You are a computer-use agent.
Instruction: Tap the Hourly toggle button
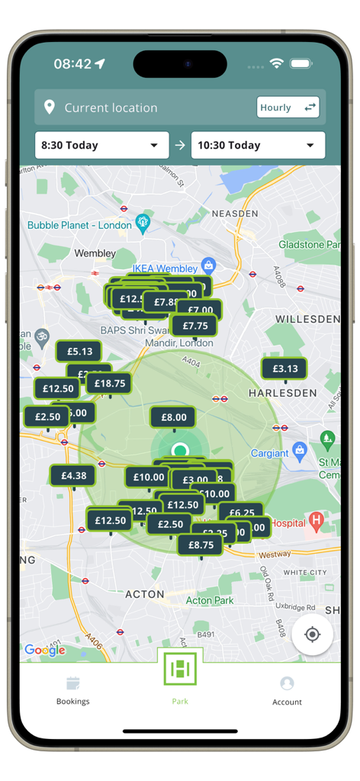click(288, 108)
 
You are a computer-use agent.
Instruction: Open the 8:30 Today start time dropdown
click(101, 146)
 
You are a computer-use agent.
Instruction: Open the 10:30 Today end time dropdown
click(258, 146)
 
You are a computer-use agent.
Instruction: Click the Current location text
click(111, 108)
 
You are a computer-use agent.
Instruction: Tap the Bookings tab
click(72, 689)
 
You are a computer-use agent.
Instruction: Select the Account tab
click(287, 689)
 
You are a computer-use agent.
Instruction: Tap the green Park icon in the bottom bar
click(180, 669)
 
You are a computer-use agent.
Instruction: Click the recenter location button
click(312, 635)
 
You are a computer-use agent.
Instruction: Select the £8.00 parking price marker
click(173, 417)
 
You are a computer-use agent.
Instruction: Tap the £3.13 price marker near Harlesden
click(284, 368)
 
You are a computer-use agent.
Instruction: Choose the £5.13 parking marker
click(79, 352)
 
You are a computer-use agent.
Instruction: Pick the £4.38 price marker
click(73, 475)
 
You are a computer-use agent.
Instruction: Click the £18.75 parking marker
click(110, 384)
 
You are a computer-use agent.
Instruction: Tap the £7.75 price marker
click(194, 326)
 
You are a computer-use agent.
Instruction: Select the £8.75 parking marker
click(201, 545)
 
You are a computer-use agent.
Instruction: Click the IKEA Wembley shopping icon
click(208, 266)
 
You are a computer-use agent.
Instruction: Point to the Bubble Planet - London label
click(79, 225)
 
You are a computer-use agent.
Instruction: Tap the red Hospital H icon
click(317, 523)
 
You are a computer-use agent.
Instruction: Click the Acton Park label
click(210, 601)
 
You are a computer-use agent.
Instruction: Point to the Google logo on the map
click(44, 650)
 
